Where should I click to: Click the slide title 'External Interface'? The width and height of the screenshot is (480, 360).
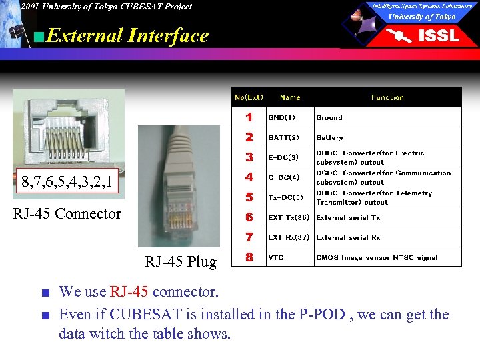(128, 35)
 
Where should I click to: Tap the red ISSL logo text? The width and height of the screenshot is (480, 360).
(438, 36)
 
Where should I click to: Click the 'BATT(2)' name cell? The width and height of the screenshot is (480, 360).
(283, 137)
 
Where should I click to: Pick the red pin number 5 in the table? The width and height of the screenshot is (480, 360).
(249, 197)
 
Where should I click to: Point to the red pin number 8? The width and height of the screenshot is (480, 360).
(249, 257)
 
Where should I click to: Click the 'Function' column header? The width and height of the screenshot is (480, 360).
(387, 97)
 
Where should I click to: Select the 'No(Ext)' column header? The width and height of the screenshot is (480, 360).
(249, 97)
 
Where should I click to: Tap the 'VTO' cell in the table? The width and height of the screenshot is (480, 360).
(275, 257)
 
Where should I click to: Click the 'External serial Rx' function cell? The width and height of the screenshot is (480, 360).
(348, 237)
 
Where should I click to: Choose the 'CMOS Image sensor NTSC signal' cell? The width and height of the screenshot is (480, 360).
(377, 257)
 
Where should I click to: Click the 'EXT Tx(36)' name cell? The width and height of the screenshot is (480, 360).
(289, 217)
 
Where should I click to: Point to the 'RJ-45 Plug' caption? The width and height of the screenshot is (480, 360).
(180, 261)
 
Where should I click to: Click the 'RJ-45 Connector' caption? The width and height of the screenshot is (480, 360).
(68, 213)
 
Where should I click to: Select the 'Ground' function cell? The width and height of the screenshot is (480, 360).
(329, 117)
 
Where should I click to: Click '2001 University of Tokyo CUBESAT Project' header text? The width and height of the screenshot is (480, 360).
(105, 7)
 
